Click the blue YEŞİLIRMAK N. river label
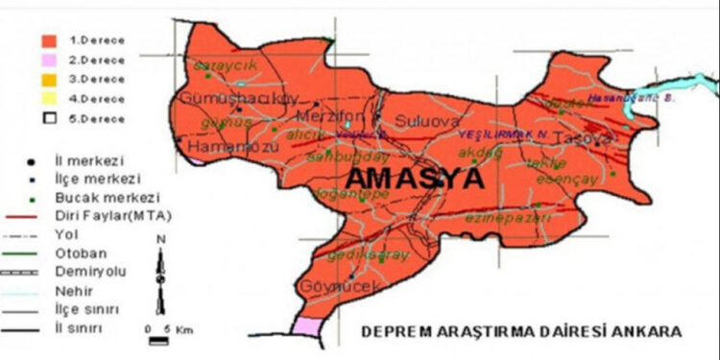(x=501, y=135)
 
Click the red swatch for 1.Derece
(x=47, y=41)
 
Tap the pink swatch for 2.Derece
(x=47, y=60)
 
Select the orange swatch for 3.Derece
(x=47, y=79)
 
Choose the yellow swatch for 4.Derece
(x=47, y=98)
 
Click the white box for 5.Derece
(x=47, y=117)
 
